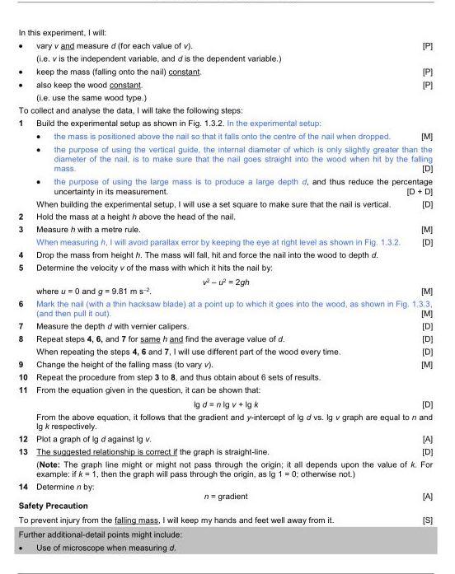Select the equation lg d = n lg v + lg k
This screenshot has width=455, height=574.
(227, 404)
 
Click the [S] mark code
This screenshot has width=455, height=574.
(427, 520)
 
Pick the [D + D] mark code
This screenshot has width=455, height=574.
(420, 192)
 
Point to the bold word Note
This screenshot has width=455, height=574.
(53, 461)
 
